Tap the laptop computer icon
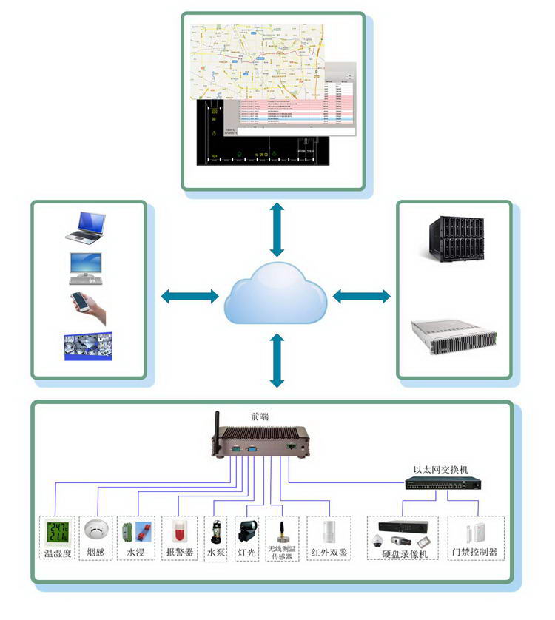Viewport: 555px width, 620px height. [86, 227]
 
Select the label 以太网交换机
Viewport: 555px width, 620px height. [440, 469]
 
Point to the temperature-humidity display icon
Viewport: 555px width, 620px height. [58, 532]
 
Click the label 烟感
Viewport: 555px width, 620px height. [95, 552]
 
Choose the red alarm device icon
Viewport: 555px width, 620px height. [178, 531]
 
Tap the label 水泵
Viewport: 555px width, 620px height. [215, 552]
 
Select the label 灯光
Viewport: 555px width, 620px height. [246, 552]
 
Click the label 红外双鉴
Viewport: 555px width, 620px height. [329, 552]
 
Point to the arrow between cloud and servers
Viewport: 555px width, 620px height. [361, 296]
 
